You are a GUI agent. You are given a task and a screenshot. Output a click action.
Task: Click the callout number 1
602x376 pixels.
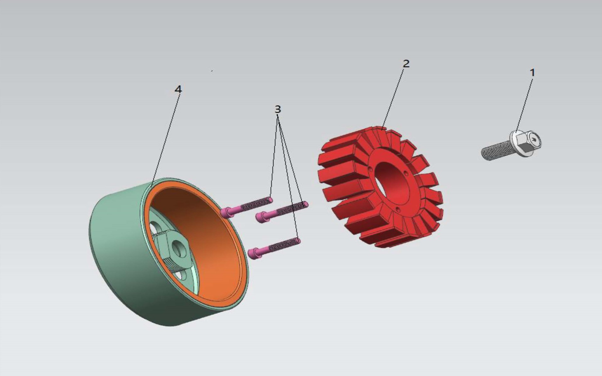[532, 73]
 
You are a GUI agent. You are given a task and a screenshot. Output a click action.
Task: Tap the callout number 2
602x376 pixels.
[406, 64]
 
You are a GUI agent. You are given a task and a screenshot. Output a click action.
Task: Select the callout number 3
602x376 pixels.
[278, 109]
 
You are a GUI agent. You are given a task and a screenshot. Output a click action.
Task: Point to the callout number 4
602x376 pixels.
[178, 89]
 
